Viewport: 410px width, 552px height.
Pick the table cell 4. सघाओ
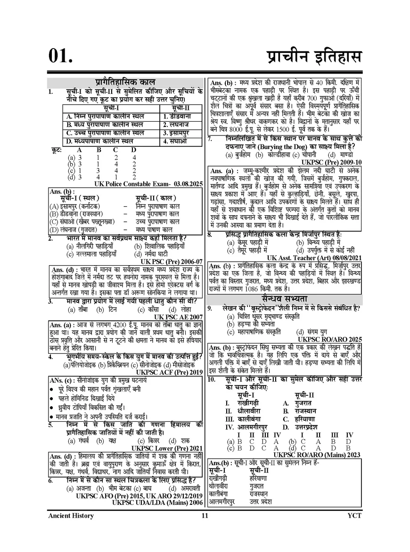(x=175, y=141)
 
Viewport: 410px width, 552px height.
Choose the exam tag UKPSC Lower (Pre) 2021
(x=167, y=448)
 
